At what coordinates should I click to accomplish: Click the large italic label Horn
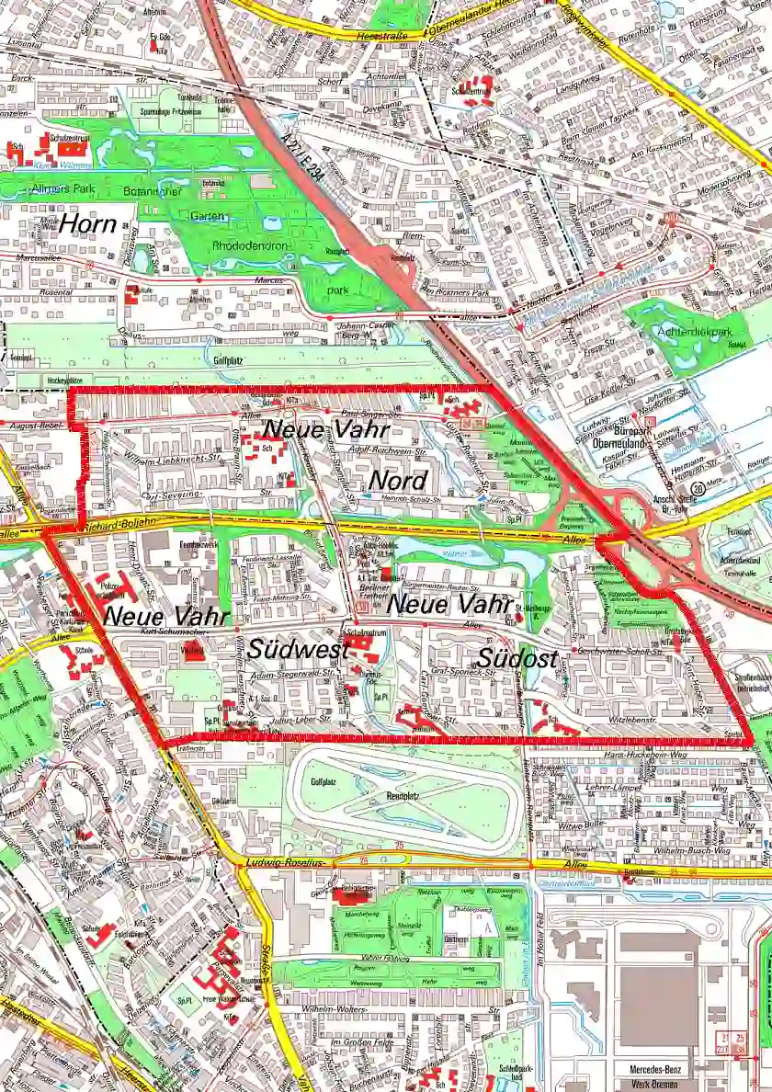point(89,223)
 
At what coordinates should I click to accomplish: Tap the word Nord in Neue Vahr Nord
point(398,480)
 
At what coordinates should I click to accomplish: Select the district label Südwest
point(296,649)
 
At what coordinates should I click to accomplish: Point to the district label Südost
point(517,659)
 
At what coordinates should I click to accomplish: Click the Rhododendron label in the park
point(250,245)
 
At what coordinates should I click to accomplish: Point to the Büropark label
point(615,429)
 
